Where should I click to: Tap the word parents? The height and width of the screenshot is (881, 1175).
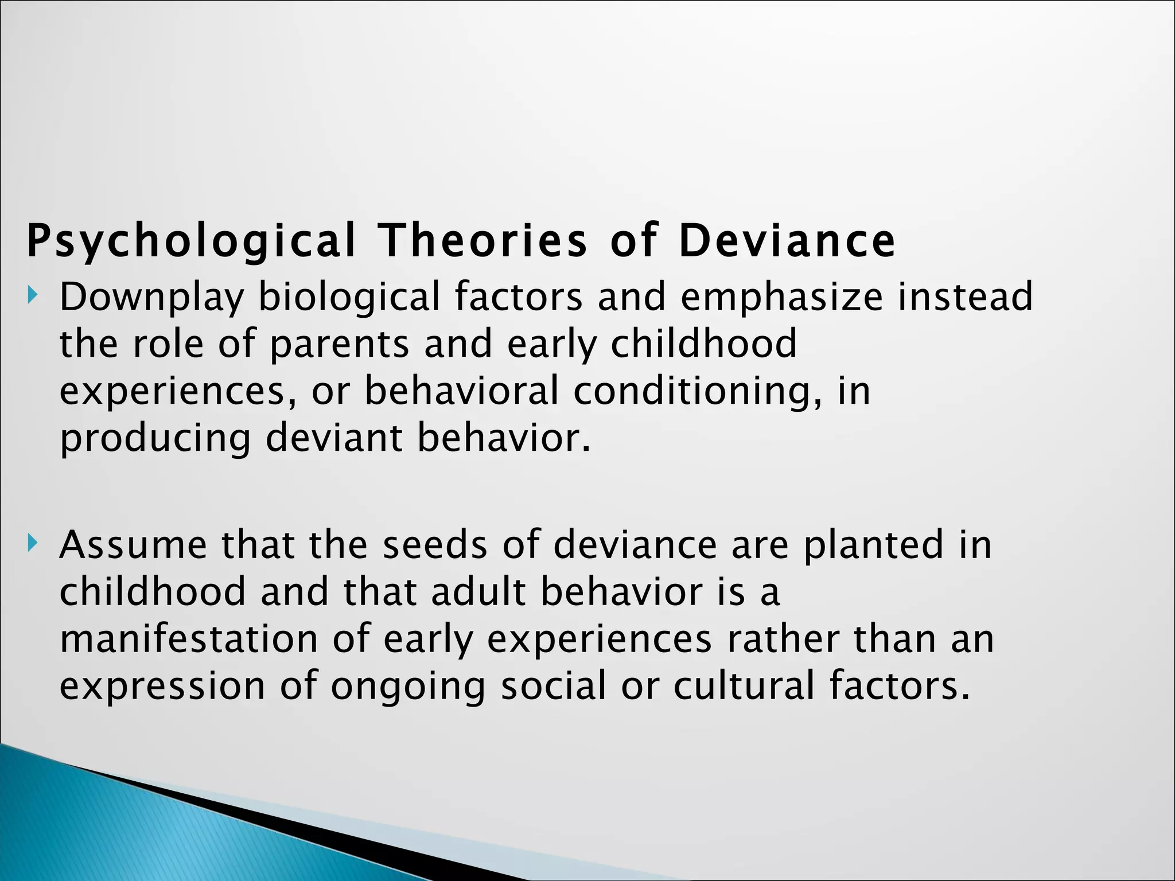(339, 345)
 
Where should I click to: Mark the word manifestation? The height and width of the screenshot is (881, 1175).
(189, 639)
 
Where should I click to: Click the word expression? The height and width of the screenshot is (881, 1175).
(162, 687)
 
